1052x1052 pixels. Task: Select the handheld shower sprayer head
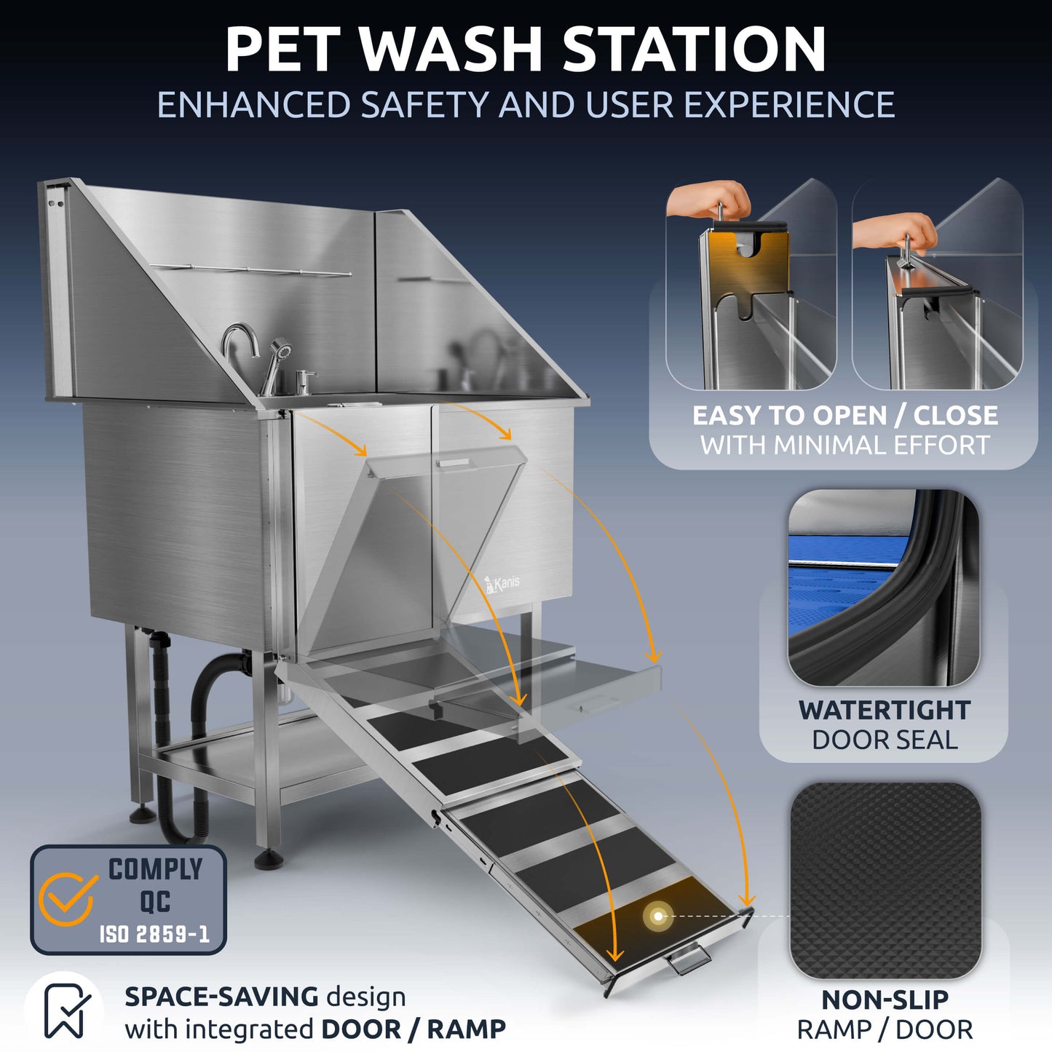pyautogui.click(x=279, y=349)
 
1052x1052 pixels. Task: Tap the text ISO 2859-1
pyautogui.click(x=154, y=934)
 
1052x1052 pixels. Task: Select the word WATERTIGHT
pyautogui.click(x=884, y=710)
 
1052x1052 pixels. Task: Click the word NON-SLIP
pyautogui.click(x=885, y=1000)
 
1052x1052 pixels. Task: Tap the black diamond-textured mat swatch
pyautogui.click(x=885, y=880)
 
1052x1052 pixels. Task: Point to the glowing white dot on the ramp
pyautogui.click(x=659, y=916)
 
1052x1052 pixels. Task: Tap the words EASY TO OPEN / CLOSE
pyautogui.click(x=845, y=416)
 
